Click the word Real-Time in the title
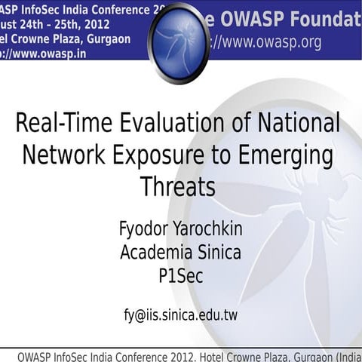(60, 123)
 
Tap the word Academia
(153, 253)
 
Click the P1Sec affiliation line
(180, 277)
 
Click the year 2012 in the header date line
(96, 24)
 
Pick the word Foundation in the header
(324, 20)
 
